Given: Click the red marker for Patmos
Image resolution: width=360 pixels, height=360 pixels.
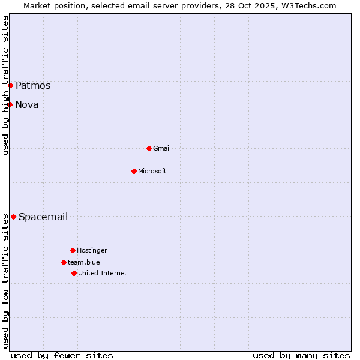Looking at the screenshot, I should (x=10, y=85).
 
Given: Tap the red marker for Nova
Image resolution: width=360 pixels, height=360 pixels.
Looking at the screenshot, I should (x=10, y=104).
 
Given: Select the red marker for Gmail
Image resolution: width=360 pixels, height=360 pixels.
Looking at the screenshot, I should (x=149, y=148).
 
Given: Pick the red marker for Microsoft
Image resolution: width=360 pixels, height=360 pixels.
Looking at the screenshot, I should (x=134, y=171).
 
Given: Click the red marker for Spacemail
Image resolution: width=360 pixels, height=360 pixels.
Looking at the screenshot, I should (x=13, y=217).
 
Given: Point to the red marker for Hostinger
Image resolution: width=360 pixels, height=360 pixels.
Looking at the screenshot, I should (x=73, y=250).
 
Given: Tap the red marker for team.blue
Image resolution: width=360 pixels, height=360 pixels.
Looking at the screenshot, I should (x=64, y=262).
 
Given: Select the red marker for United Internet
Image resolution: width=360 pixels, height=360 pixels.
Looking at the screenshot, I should (x=74, y=273).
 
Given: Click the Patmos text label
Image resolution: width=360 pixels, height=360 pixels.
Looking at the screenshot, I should (x=33, y=85).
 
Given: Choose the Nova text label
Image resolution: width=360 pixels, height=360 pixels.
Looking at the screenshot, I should (x=27, y=104).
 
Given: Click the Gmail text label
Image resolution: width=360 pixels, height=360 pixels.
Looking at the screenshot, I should (x=162, y=148).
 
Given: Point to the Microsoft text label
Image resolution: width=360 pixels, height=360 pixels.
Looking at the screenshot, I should (x=152, y=171).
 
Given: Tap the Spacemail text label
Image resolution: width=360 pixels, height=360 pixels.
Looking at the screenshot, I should (x=43, y=217).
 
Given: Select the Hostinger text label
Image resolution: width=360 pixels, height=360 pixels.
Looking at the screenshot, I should (x=92, y=250).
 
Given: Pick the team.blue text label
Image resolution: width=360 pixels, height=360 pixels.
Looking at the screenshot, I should (x=84, y=262).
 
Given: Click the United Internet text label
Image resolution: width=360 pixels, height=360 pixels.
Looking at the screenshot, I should (x=103, y=273).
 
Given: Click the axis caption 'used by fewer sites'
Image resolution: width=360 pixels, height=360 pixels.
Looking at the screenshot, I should (x=62, y=355).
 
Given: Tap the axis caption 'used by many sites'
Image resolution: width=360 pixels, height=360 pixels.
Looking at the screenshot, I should (x=301, y=355).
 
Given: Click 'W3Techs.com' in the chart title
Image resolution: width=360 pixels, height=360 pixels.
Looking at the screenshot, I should (x=310, y=5).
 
